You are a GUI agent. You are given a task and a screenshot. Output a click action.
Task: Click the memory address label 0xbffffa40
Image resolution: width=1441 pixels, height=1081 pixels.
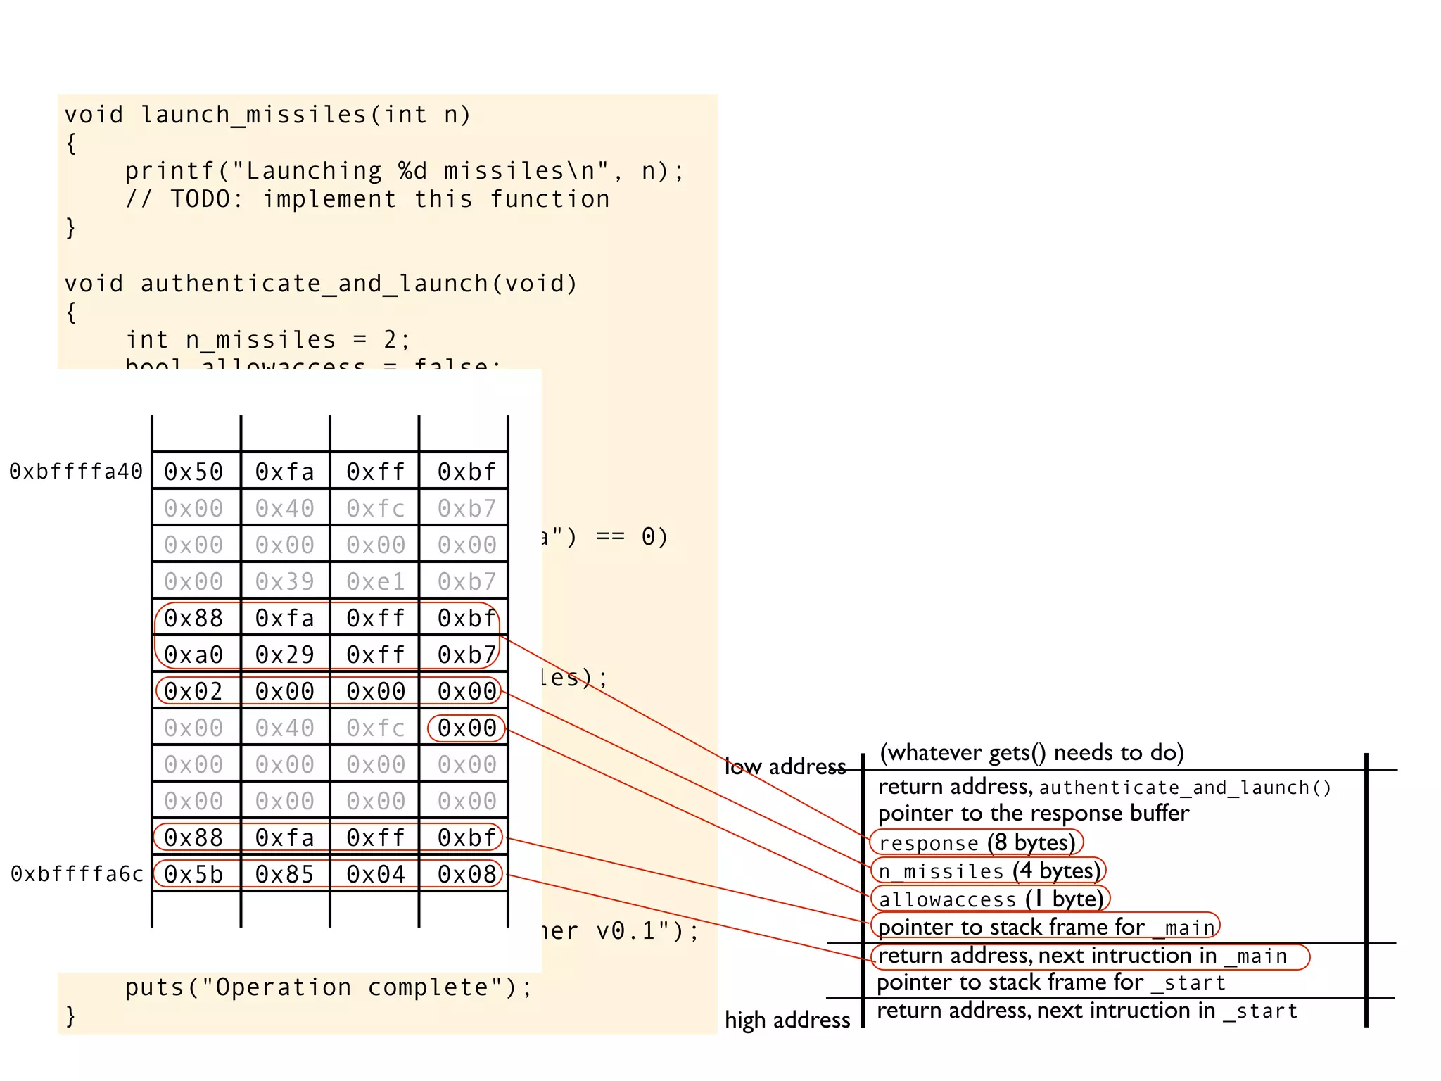coord(76,472)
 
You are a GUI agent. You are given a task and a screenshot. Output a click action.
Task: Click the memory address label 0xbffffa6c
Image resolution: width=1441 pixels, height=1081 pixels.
coord(77,874)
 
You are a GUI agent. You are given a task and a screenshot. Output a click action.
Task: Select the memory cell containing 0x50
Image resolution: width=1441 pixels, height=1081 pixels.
coord(193,472)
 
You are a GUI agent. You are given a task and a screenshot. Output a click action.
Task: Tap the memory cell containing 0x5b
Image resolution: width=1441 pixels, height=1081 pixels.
coord(193,874)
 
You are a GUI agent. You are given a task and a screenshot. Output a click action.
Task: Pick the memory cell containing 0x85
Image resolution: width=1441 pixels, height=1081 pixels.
coord(284,874)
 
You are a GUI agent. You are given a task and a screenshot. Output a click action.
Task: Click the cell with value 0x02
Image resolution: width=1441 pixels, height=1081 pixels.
coord(193,691)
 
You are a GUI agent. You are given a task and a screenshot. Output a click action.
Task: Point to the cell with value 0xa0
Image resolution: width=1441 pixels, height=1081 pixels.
coord(193,655)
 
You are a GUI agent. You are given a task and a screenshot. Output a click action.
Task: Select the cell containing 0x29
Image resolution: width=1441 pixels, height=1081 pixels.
coord(284,655)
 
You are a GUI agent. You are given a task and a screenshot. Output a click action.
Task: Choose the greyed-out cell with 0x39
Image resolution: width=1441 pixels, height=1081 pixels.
coord(284,581)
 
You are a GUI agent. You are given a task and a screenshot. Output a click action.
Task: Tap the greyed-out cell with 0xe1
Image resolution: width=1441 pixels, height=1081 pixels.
coord(376,581)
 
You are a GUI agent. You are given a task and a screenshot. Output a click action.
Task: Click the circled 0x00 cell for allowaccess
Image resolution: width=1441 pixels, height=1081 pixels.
coord(467,728)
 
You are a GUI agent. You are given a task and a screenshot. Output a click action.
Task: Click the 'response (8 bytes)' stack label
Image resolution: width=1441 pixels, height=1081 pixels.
coord(977,842)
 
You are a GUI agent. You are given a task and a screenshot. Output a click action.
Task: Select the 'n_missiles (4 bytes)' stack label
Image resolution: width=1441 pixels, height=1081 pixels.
coord(989,871)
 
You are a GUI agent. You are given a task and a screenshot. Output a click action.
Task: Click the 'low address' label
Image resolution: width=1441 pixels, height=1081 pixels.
coord(785,766)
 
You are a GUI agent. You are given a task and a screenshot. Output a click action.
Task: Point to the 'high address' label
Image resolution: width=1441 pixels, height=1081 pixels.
coord(787,1020)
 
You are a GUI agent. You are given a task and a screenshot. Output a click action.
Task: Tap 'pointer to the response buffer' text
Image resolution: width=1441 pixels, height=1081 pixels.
coord(1033,814)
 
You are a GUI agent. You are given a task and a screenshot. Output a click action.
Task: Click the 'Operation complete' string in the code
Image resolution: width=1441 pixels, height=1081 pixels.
coord(352,987)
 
